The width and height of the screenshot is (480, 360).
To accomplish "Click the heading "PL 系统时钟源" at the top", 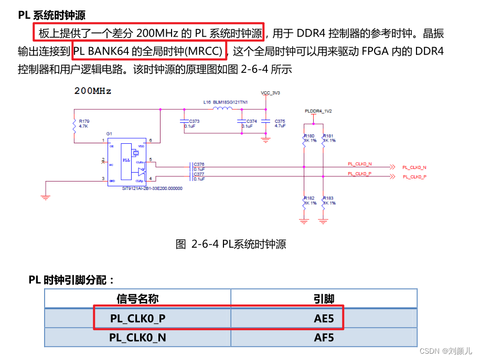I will coord(52,15).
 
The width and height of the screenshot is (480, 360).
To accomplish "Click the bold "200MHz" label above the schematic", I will coord(93,91).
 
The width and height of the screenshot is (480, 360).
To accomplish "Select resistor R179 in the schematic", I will coord(75,125).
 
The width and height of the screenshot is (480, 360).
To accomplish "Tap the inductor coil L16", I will coord(222,109).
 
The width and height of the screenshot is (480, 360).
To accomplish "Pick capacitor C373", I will coord(184,121).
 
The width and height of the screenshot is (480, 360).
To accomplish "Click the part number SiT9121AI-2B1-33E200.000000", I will coord(152,188).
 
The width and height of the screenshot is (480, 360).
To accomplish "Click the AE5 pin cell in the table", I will coord(324,319).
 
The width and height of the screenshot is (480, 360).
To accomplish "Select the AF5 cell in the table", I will coord(324,337).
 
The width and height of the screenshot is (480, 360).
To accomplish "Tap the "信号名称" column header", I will coord(137,299).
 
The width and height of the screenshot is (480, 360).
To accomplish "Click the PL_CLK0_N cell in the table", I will coord(137,337).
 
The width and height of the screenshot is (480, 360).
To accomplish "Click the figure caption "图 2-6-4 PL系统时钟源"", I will coord(231,244).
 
